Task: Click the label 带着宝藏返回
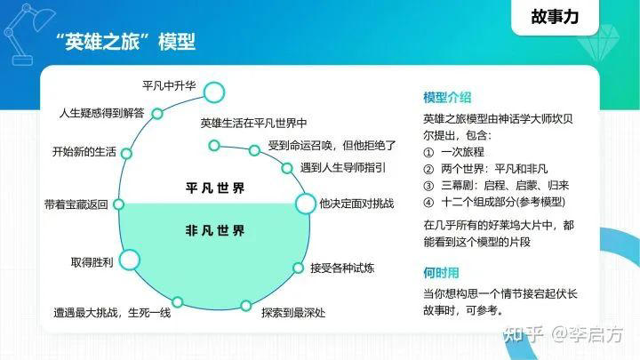click(x=76, y=204)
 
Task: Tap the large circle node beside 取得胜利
click(x=130, y=260)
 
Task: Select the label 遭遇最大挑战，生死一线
click(x=112, y=312)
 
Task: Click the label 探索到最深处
click(x=293, y=312)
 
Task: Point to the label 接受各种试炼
click(x=342, y=267)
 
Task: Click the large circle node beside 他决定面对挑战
click(x=305, y=204)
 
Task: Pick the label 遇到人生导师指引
click(x=342, y=166)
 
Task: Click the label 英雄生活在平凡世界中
click(x=253, y=123)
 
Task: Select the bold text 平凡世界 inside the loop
click(x=215, y=188)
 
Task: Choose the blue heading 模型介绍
click(x=448, y=97)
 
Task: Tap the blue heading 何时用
click(x=442, y=272)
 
